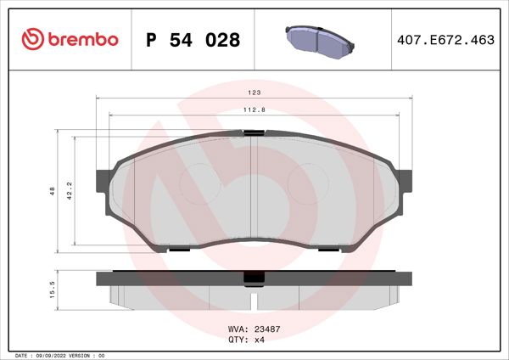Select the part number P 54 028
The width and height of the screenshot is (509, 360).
pyautogui.click(x=193, y=40)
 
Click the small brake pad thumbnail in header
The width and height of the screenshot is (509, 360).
pyautogui.click(x=318, y=38)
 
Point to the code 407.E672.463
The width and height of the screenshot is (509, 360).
pyautogui.click(x=445, y=40)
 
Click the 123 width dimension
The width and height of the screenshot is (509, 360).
pyautogui.click(x=254, y=92)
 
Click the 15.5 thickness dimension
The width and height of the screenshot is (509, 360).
pyautogui.click(x=52, y=290)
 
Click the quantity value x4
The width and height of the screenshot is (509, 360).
pyautogui.click(x=261, y=339)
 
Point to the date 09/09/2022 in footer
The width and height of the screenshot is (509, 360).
pyautogui.click(x=53, y=355)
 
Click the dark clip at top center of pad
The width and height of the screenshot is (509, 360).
pyautogui.click(x=254, y=132)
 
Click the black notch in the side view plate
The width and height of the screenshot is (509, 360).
pyautogui.click(x=254, y=278)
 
